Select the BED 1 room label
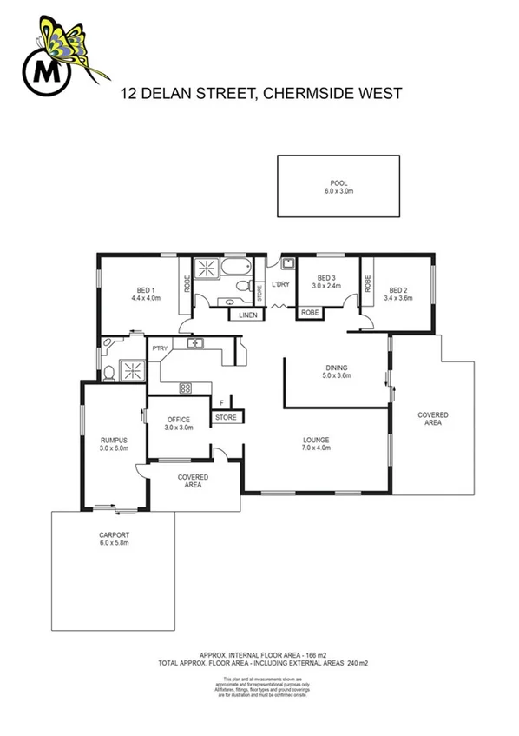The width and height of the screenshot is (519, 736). [144, 290]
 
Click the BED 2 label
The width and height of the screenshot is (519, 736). [397, 290]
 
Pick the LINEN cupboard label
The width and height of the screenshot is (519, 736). [247, 315]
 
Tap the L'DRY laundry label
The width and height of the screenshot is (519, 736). [280, 285]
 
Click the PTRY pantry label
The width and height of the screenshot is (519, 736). [159, 348]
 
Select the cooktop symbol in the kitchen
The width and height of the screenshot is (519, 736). [184, 388]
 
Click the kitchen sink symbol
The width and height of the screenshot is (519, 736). [195, 344]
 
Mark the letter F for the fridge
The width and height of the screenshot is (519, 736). [221, 402]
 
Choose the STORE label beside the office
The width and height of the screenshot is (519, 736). [226, 418]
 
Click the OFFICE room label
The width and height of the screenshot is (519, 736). [178, 419]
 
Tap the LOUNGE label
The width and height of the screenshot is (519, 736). [315, 439]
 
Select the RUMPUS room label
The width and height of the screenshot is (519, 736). [115, 441]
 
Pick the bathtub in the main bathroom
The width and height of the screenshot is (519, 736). [234, 267]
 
